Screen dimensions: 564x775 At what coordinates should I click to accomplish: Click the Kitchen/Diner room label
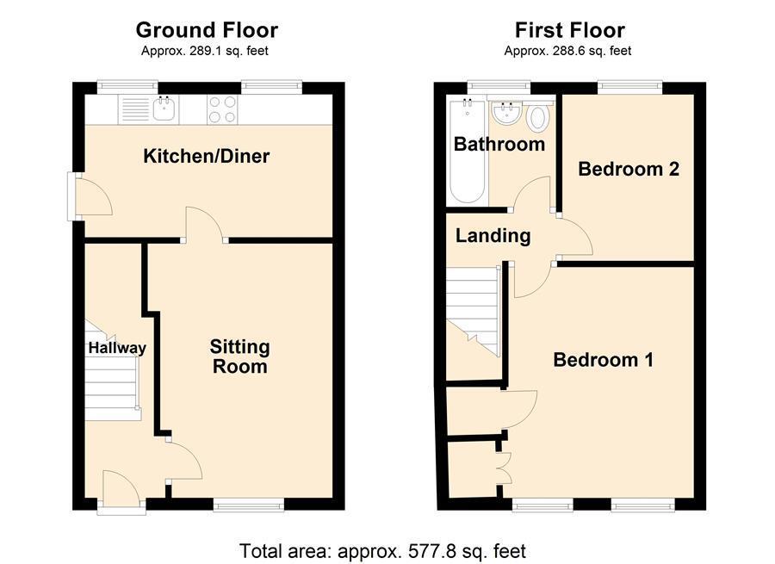click(x=206, y=156)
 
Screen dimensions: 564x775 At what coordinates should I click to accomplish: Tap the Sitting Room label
click(x=239, y=356)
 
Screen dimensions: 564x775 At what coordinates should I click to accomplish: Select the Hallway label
click(x=116, y=348)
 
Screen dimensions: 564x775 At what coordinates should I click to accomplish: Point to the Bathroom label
click(x=499, y=144)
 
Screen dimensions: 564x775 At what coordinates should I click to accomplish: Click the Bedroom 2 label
click(x=628, y=169)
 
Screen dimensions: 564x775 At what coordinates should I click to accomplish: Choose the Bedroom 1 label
click(x=603, y=359)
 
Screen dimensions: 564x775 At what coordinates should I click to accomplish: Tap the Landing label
click(x=493, y=235)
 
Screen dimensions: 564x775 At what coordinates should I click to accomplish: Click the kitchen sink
click(x=164, y=108)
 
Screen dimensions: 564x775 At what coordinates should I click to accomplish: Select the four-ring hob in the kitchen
click(x=222, y=108)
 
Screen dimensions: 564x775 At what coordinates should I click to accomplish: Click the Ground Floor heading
click(x=207, y=30)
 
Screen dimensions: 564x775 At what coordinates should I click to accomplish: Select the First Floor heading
click(x=569, y=30)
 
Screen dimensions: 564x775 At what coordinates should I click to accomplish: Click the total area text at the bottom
click(x=382, y=550)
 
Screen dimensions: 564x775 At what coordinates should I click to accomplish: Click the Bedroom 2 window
click(x=629, y=86)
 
